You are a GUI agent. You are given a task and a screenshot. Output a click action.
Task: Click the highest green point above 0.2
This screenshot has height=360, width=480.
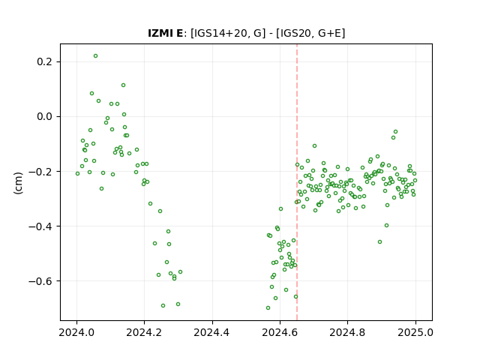pyautogui.click(x=95, y=56)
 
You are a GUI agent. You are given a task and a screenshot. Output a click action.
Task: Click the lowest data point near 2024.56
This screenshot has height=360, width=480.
pyautogui.click(x=268, y=308)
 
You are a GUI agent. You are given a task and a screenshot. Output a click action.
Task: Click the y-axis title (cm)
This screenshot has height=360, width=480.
pyautogui.click(x=18, y=182)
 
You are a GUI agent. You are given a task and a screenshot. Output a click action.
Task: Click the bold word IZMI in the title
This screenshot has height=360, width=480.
pyautogui.click(x=160, y=33)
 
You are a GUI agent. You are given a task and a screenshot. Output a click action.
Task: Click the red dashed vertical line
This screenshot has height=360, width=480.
pyautogui.click(x=297, y=182)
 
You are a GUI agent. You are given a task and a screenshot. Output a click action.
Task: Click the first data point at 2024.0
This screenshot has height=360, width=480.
pyautogui.click(x=77, y=173)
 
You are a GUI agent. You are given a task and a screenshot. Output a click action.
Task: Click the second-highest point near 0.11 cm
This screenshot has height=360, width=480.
pyautogui.click(x=123, y=85)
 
